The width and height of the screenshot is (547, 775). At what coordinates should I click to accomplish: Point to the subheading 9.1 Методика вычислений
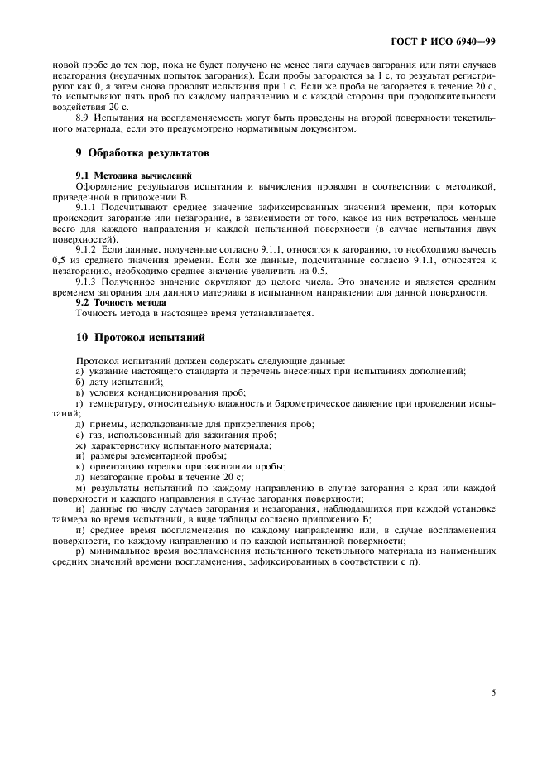[133, 176]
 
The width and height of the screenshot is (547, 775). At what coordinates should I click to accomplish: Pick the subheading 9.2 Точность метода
[121, 303]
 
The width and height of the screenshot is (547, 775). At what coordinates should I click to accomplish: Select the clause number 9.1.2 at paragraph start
[87, 248]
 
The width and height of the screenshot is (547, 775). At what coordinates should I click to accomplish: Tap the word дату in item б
[98, 382]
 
